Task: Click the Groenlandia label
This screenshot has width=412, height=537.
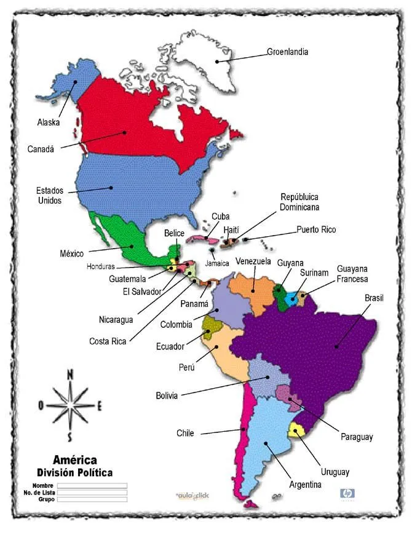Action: [287, 52]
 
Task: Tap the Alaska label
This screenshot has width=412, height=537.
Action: [48, 122]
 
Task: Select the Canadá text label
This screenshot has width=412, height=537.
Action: [41, 149]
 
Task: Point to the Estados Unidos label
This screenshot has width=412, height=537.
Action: [49, 196]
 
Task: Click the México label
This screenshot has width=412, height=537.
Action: [71, 253]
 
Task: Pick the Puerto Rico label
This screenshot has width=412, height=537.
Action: [316, 229]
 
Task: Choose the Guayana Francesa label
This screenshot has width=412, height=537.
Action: [352, 274]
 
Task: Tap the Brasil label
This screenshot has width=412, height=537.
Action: [374, 298]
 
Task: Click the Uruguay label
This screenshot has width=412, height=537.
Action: [335, 472]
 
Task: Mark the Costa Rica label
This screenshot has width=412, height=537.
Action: [108, 341]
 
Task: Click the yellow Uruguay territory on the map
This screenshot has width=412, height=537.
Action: [296, 429]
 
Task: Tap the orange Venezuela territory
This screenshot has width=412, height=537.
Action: [255, 289]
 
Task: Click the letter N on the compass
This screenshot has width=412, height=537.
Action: [70, 374]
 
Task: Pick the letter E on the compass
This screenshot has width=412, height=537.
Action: [100, 405]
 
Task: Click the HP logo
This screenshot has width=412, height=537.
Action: [347, 493]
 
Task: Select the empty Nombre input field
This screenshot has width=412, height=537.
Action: [92, 485]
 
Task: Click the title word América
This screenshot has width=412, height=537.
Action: [74, 460]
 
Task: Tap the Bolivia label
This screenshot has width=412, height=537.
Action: [167, 396]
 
